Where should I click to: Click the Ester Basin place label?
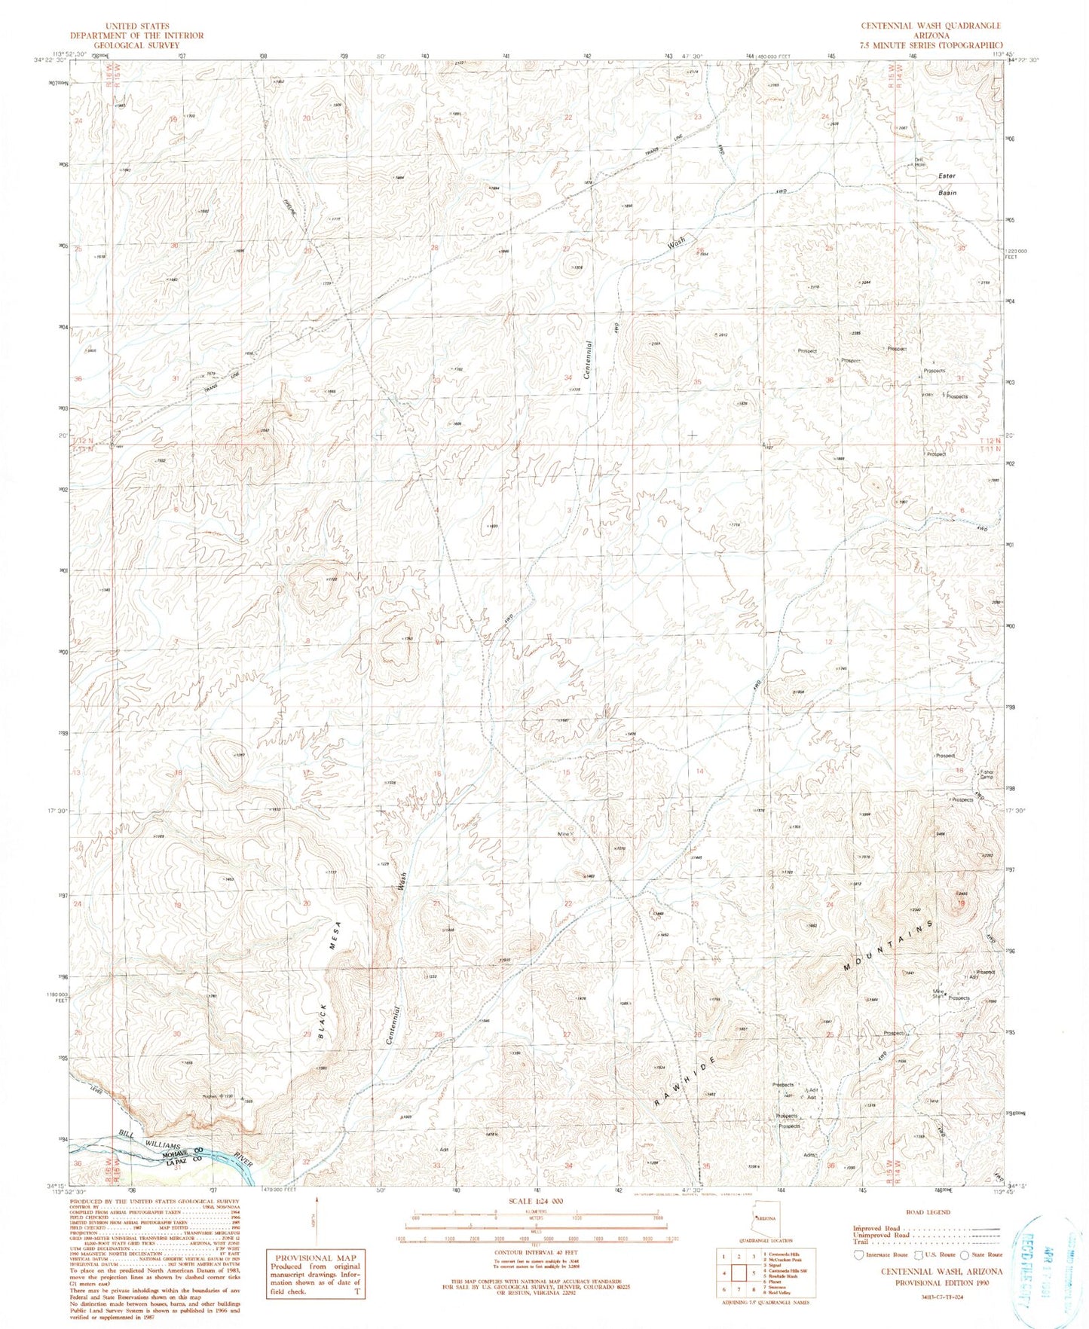[947, 185]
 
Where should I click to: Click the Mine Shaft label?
[938, 994]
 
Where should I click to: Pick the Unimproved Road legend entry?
[878, 1235]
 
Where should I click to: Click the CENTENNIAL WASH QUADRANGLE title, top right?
[931, 26]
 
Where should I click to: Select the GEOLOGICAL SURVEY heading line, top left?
[136, 45]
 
